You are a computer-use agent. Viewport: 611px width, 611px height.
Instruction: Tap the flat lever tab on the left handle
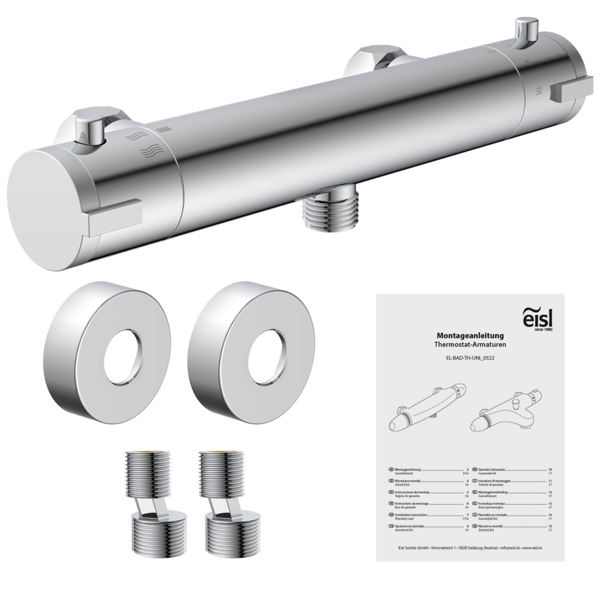pyautogui.click(x=115, y=217)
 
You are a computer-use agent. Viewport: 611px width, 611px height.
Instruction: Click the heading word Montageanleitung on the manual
pyautogui.click(x=469, y=335)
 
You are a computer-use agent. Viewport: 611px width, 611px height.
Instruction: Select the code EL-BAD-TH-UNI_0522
pyautogui.click(x=469, y=360)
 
